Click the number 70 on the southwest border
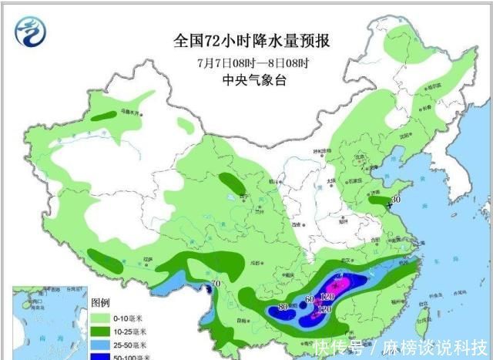coord(215,284)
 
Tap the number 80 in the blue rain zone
coord(283,307)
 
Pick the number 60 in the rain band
coord(310,299)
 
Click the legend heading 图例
coord(101,301)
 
